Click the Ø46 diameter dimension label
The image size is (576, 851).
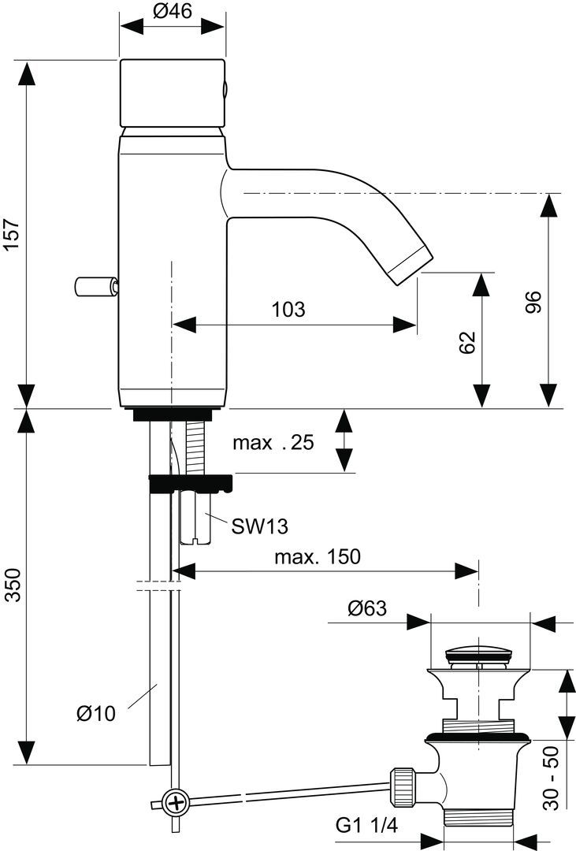tap(172, 11)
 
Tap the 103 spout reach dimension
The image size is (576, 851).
tap(288, 309)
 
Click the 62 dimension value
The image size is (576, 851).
tap(467, 342)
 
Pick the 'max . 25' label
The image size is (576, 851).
tap(273, 442)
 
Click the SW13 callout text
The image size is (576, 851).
tap(259, 526)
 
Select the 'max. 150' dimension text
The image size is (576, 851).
tap(317, 556)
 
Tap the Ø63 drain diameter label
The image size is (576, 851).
tap(367, 608)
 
